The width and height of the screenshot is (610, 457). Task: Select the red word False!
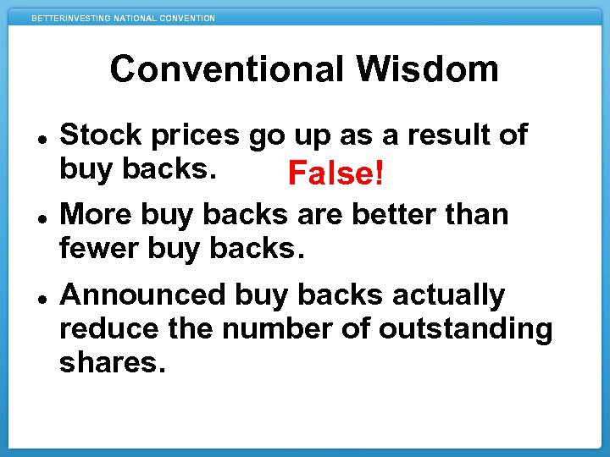pos(336,174)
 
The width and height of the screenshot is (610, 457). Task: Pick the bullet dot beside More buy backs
pos(42,217)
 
